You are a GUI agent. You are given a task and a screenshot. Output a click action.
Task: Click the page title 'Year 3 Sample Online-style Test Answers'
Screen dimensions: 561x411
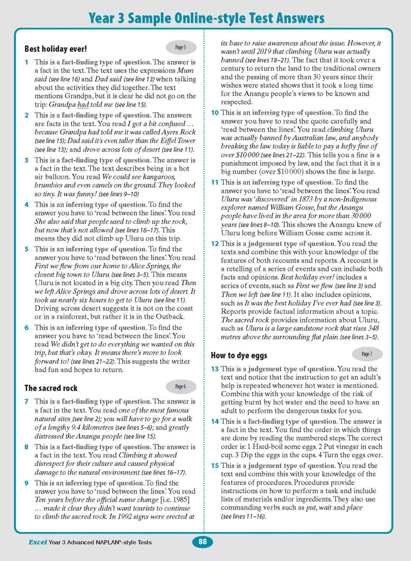click(206, 18)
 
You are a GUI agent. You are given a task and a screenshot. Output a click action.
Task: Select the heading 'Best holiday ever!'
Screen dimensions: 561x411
click(55, 49)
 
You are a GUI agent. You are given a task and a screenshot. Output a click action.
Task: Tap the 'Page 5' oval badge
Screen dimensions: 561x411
click(180, 47)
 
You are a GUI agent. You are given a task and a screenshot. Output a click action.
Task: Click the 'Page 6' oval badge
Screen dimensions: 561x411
click(180, 386)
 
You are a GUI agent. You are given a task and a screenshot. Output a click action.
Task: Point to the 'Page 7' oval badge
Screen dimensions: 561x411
click(367, 354)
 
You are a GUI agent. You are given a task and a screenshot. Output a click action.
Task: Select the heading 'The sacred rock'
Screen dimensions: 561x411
click(51, 388)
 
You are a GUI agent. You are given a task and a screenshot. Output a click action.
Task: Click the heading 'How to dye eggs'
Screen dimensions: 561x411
click(239, 356)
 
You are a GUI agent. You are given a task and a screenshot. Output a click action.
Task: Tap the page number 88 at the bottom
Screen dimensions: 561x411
click(203, 542)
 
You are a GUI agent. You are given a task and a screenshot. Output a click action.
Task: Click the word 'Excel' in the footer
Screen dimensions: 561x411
click(37, 542)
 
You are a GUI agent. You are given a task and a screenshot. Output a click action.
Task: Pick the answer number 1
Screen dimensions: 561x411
click(27, 62)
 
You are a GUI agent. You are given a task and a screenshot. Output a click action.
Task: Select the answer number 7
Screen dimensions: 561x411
click(27, 401)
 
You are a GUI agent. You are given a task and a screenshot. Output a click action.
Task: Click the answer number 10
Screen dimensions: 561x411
click(215, 113)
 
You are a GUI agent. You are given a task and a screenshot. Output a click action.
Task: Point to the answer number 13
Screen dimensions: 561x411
click(215, 369)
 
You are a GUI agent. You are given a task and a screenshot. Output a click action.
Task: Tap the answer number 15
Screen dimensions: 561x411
click(215, 466)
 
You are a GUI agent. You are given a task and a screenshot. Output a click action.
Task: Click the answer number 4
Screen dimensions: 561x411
click(27, 205)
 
